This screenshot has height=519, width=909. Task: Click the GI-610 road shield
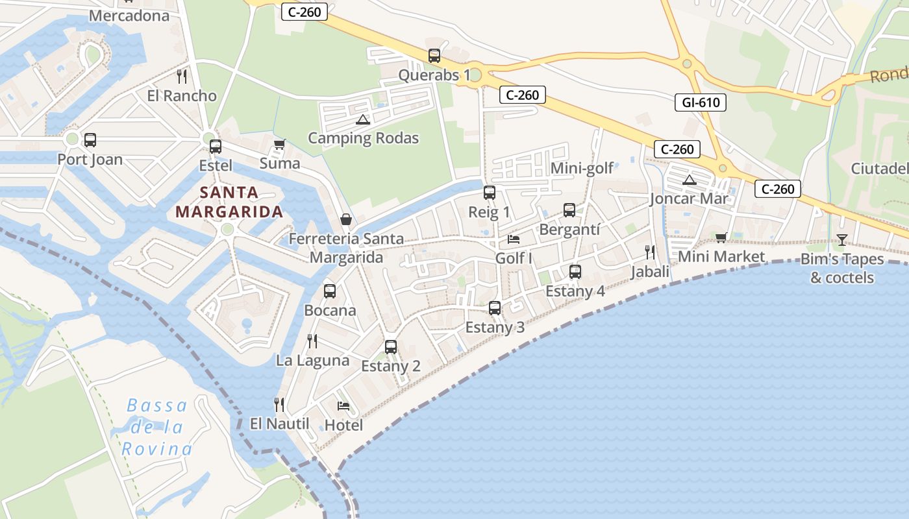point(700,102)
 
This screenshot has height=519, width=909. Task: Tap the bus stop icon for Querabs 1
point(434,56)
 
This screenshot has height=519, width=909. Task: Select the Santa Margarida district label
point(229,202)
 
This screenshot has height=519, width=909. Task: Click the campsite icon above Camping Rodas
point(362,119)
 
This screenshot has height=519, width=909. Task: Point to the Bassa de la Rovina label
point(157,427)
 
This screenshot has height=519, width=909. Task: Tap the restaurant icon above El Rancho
point(182,77)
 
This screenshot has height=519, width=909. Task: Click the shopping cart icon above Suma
point(279,144)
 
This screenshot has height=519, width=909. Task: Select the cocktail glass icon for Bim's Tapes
point(841,240)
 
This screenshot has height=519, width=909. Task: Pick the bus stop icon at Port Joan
point(90,139)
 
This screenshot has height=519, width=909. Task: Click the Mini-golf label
point(582,169)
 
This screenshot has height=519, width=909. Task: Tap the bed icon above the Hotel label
point(343,406)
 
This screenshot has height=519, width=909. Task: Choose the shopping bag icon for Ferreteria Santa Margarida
point(346,220)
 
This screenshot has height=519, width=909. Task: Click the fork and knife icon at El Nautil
point(279,405)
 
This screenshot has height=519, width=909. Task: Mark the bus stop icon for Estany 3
point(495,308)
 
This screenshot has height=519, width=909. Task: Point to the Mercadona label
point(129,16)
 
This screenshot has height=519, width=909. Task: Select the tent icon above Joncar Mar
point(690,180)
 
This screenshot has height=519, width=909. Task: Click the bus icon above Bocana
point(330,291)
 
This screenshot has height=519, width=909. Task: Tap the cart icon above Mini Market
point(721,237)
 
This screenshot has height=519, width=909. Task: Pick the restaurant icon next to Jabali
point(649,252)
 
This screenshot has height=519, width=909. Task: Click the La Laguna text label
point(313,361)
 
